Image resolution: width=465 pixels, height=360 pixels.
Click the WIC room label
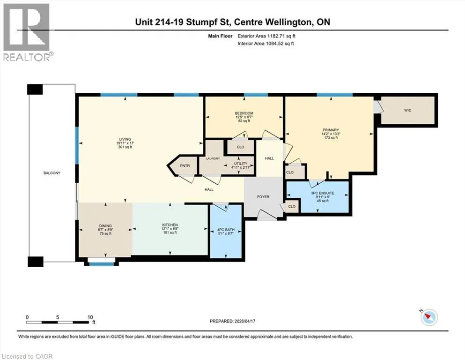click(407, 111)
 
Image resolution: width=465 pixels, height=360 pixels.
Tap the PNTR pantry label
click(185, 166)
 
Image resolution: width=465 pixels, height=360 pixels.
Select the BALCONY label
click(52, 173)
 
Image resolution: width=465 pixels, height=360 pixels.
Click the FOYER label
click(263, 197)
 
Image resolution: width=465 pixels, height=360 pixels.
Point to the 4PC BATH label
click(226, 230)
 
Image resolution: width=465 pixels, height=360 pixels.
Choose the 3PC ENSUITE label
click(323, 193)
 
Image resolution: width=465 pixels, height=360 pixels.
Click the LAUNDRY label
click(213, 158)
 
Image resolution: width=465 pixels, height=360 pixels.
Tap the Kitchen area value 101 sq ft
click(170, 232)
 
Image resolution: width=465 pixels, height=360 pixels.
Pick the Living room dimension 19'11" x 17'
click(125, 143)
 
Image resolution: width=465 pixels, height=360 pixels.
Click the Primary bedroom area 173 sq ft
click(331, 138)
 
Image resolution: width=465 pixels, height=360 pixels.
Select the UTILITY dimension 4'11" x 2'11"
click(241, 167)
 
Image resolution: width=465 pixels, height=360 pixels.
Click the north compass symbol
click(429, 317)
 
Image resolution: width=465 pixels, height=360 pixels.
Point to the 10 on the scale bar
click(90, 317)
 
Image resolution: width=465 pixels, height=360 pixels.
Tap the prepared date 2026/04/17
click(244, 321)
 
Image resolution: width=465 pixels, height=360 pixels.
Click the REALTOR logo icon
click(26, 27)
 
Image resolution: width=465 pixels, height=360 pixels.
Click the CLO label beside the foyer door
click(292, 207)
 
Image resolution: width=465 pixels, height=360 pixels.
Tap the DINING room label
click(105, 226)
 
